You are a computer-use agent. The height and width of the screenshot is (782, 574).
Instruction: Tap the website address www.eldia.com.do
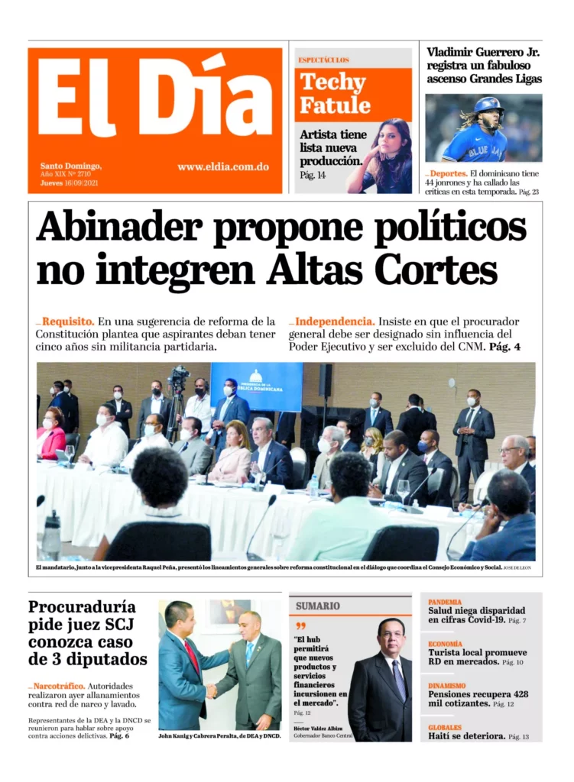(222, 167)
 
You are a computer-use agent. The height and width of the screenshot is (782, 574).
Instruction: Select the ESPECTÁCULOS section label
(323, 60)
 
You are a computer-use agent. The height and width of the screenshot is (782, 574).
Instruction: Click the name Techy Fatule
(335, 93)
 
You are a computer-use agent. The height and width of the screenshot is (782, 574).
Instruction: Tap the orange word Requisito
(68, 322)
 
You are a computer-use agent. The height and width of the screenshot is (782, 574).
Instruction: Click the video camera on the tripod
(178, 379)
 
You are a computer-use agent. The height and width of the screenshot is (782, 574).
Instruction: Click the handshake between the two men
(211, 690)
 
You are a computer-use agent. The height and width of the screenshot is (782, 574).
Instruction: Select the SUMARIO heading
(318, 606)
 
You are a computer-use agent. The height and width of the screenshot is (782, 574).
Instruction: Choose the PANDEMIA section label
(445, 602)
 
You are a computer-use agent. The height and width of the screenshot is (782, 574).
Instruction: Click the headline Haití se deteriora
(466, 736)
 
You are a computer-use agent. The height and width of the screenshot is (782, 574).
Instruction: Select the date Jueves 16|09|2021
(69, 183)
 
